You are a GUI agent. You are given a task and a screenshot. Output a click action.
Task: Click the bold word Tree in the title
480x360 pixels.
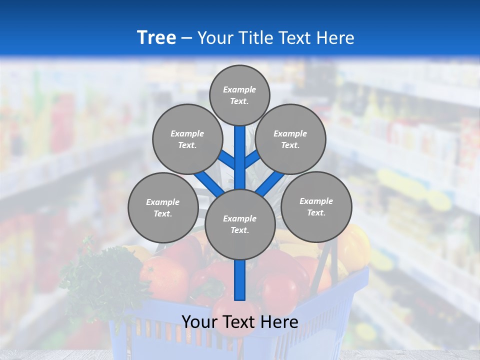click(156, 37)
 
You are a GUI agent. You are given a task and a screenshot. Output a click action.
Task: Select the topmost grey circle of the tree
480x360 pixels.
click(239, 95)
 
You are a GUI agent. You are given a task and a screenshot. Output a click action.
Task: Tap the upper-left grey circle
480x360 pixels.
click(187, 139)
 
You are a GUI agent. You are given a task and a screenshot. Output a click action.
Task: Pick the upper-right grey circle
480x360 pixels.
click(290, 139)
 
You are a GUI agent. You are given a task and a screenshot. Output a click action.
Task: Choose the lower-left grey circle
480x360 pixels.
click(162, 207)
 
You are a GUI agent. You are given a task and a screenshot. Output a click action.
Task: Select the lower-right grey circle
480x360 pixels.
click(316, 206)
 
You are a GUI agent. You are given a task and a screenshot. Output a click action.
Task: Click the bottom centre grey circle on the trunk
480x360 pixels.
click(239, 224)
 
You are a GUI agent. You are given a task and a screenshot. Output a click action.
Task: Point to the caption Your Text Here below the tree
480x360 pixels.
click(239, 322)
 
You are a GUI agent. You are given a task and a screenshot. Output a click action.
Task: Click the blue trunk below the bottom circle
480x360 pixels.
click(239, 280)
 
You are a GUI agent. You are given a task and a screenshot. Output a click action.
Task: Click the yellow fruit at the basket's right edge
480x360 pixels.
click(356, 245)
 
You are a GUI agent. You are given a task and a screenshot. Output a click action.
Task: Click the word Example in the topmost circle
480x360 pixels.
click(239, 89)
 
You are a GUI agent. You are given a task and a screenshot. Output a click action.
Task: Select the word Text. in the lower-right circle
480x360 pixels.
click(316, 212)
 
